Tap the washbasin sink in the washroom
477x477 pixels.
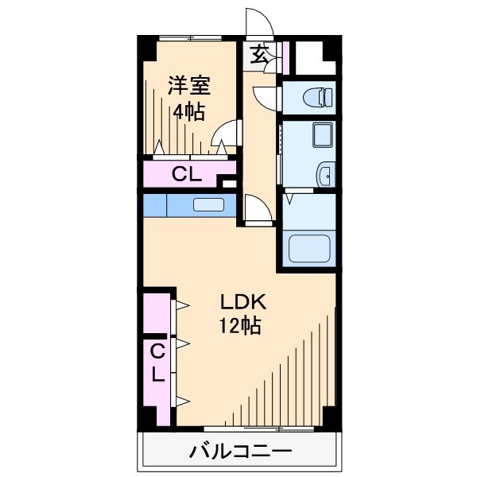(x=325, y=174)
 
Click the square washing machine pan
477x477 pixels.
(x=324, y=136)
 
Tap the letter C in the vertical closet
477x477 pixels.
(x=157, y=350)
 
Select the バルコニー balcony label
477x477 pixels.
(x=239, y=452)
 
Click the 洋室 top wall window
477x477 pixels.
(x=189, y=37)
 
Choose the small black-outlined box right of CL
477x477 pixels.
(x=230, y=184)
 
